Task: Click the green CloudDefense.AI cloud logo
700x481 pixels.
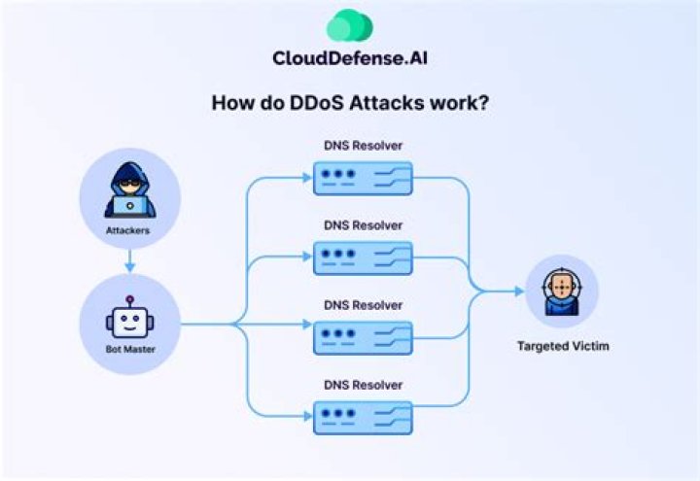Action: coord(349,25)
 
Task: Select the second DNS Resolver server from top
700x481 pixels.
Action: coord(364,258)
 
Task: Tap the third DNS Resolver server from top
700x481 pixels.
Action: coord(364,337)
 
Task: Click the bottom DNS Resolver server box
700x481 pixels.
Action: coord(364,418)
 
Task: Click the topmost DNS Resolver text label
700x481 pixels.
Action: coord(364,147)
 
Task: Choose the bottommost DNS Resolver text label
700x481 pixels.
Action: coord(364,385)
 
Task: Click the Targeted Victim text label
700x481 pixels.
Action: coord(563,346)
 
